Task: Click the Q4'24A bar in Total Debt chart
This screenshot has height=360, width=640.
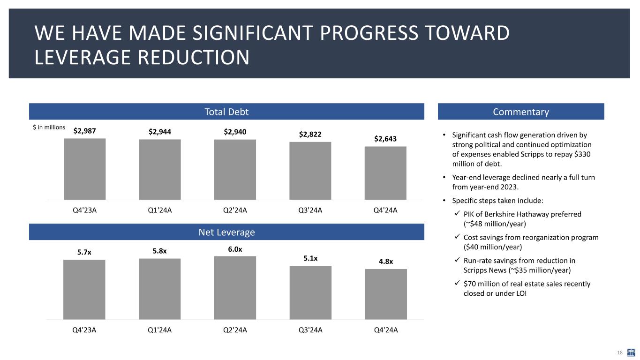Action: [x=385, y=173]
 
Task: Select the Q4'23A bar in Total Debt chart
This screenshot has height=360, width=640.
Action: [x=84, y=169]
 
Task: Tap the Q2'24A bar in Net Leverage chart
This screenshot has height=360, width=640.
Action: [x=235, y=287]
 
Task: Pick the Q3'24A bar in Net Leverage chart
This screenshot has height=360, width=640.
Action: [x=310, y=292]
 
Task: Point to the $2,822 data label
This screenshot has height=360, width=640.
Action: [x=310, y=135]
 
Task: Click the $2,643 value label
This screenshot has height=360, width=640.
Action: [x=385, y=139]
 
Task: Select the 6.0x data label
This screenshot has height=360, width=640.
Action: [x=235, y=249]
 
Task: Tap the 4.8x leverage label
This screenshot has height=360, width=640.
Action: [x=385, y=262]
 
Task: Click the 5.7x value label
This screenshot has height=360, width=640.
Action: [x=84, y=252]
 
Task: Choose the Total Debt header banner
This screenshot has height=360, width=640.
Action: [x=226, y=112]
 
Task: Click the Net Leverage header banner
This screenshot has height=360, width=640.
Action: [x=226, y=232]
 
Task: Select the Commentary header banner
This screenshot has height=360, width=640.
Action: [x=520, y=112]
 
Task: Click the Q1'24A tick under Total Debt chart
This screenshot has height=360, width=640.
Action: [x=160, y=210]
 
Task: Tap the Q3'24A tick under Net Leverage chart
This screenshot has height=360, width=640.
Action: [x=310, y=330]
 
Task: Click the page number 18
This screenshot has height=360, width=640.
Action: [x=619, y=352]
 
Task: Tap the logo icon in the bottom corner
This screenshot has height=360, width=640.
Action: [x=631, y=352]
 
